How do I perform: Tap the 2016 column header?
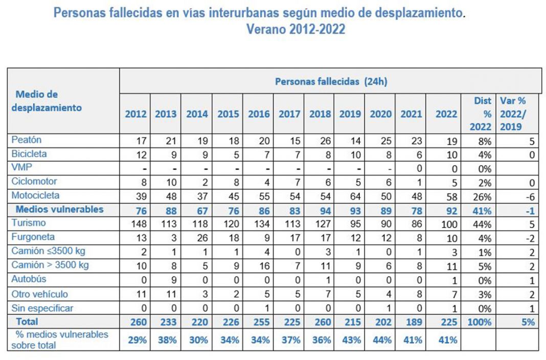click(x=259, y=114)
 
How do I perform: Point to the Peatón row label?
click(x=27, y=140)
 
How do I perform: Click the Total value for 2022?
click(x=446, y=322)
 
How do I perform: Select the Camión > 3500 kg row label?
click(x=50, y=265)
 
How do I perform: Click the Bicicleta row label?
click(x=30, y=153)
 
